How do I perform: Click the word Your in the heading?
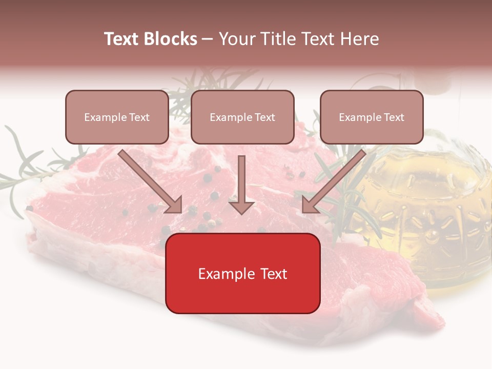pos(237,39)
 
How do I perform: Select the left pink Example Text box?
pos(117,117)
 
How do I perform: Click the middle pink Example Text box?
pos(242,117)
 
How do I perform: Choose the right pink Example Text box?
pos(372,117)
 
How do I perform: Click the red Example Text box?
pos(242,273)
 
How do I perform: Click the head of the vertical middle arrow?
pos(241,207)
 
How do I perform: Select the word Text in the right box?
pos(394,117)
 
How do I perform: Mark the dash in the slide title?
pos(208,39)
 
